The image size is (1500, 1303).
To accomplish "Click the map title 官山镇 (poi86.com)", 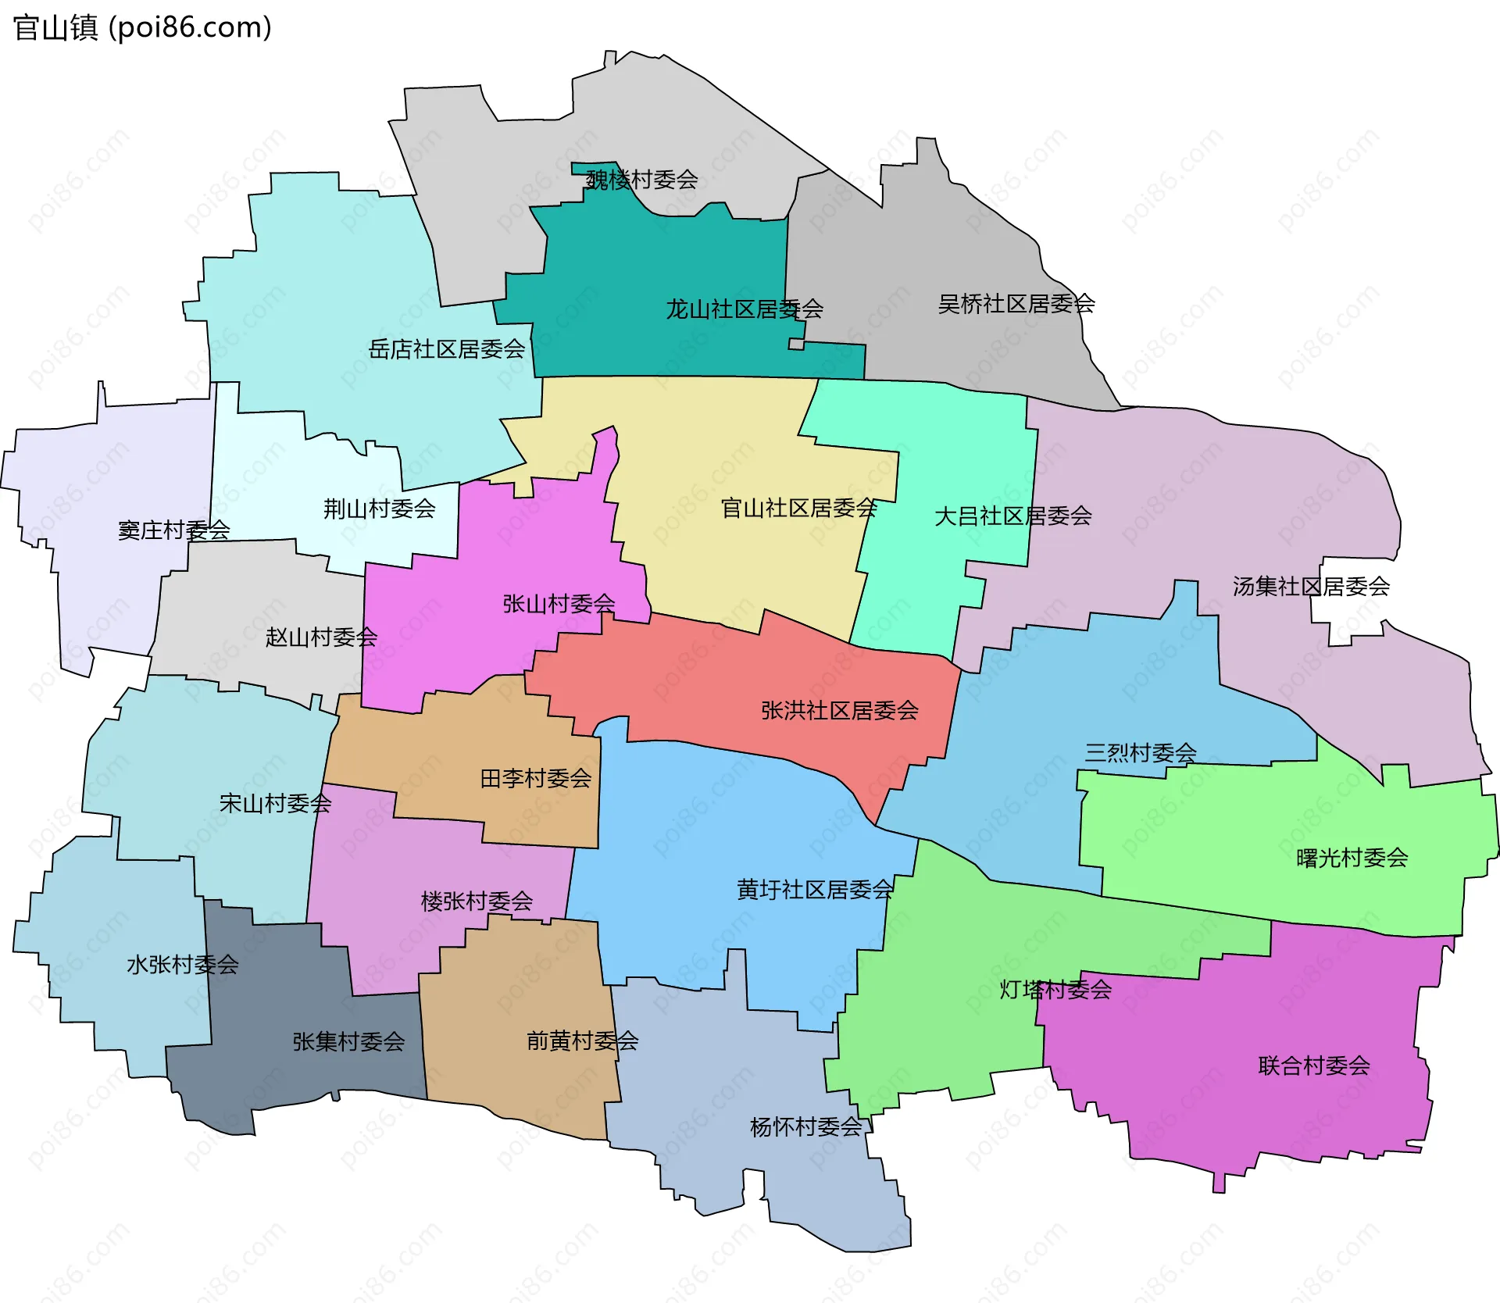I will pos(142,28).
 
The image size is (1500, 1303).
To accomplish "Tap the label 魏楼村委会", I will pos(641,180).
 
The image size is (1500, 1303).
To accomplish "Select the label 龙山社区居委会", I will pos(744,309).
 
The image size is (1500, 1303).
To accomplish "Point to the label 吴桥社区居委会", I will pos(1016,304).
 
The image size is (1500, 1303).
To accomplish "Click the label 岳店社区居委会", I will pos(446,349).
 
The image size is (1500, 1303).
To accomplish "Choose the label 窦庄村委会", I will pos(173,530).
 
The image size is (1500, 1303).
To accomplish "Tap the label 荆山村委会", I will pos(379,509).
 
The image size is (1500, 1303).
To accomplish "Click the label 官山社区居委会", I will pos(798,509).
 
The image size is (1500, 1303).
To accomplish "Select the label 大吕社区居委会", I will pos(1012,516).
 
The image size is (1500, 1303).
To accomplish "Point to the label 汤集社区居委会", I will pos(1310,587).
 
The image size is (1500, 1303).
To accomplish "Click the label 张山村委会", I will pos(559,604).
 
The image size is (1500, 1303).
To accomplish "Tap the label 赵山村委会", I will pos(321,637).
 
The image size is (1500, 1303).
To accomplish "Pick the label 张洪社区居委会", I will pos(839,711).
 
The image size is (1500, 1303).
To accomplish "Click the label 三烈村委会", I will pos(1140,753).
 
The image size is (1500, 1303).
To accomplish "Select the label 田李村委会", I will pos(535,779).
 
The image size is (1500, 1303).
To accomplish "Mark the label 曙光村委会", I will pos(1352,859).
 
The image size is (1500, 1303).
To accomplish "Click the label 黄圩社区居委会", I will pos(815,890).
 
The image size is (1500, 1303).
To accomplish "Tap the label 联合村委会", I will pos(1313,1066).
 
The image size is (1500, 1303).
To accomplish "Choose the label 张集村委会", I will pos(348,1041).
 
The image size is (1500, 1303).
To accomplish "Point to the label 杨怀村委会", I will pos(805,1127).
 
